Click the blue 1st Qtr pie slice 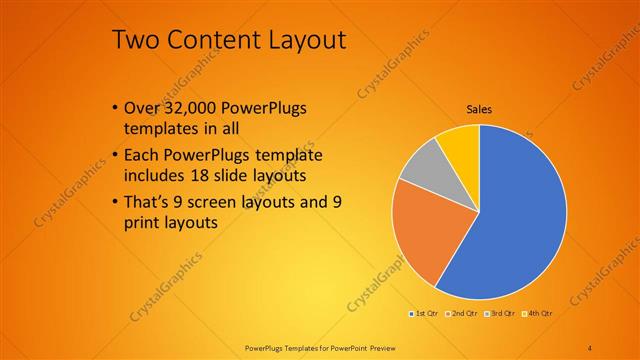tap(520, 220)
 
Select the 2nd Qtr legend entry tap(461, 313)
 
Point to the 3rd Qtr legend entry tap(499, 313)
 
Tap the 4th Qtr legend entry tap(536, 313)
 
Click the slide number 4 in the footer tap(590, 347)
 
